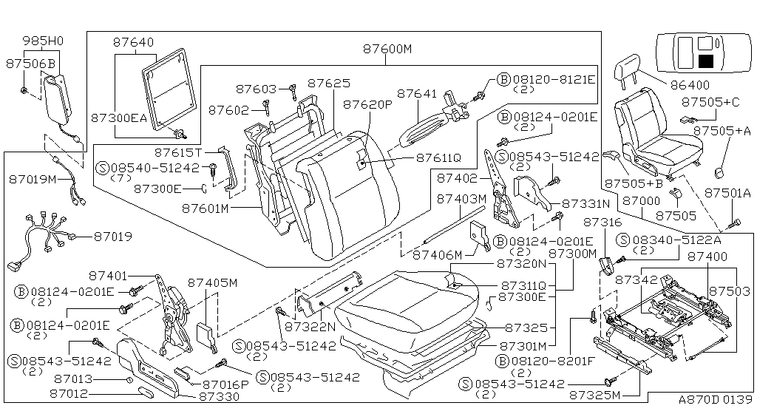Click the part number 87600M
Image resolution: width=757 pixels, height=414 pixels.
(x=387, y=50)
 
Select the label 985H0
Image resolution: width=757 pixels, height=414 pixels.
(x=43, y=41)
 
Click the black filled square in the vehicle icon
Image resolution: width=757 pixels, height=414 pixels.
(x=705, y=61)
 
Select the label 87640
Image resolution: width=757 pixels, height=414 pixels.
(x=133, y=43)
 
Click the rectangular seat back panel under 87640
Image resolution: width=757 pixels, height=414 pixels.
(x=169, y=87)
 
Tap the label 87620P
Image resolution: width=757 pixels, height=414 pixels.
(x=367, y=105)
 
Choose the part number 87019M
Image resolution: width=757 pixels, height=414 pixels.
(x=33, y=178)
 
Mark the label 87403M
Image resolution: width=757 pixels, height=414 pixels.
(x=461, y=199)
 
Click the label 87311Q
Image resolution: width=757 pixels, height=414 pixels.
(x=526, y=285)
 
